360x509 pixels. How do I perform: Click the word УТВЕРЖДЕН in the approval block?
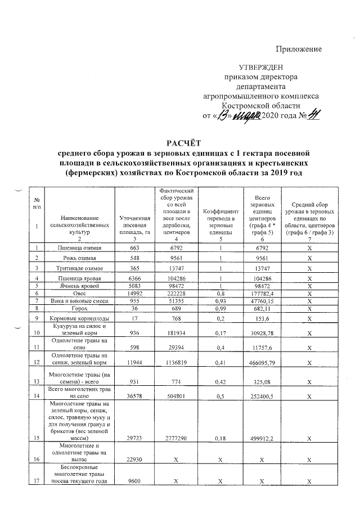pyautogui.click(x=262, y=67)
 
